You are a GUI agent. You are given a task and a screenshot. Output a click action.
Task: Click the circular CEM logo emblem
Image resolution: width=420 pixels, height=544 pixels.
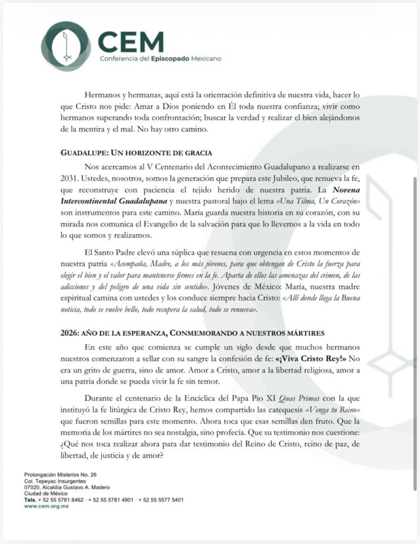click(x=66, y=46)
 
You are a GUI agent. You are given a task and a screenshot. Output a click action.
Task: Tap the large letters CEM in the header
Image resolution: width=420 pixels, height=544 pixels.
click(x=131, y=41)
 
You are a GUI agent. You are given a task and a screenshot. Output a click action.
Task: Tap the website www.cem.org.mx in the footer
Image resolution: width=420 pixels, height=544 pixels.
click(x=46, y=506)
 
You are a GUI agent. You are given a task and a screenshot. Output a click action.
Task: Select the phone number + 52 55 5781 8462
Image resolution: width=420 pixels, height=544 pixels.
click(x=62, y=500)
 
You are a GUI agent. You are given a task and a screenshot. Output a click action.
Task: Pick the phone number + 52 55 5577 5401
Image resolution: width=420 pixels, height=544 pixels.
click(x=161, y=500)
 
